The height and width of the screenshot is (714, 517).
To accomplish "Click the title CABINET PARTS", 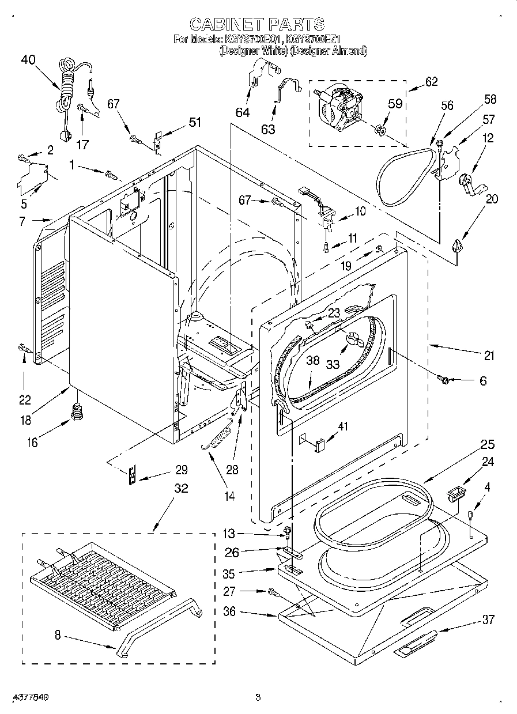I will pyautogui.click(x=257, y=24).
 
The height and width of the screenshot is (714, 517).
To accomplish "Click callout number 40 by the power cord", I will pyautogui.click(x=28, y=59).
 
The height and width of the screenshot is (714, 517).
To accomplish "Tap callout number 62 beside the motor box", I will pyautogui.click(x=431, y=81).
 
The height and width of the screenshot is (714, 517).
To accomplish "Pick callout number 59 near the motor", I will pyautogui.click(x=395, y=105).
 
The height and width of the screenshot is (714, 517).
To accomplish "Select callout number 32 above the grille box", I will pyautogui.click(x=180, y=489).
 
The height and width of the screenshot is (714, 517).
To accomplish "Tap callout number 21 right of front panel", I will pyautogui.click(x=489, y=356).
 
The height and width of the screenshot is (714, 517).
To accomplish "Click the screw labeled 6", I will pyautogui.click(x=444, y=379).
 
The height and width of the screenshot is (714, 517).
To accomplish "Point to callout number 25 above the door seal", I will pyautogui.click(x=488, y=445).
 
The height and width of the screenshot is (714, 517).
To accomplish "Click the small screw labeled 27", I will pyautogui.click(x=272, y=591).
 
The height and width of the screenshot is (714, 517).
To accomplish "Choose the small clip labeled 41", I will pyautogui.click(x=320, y=443).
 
